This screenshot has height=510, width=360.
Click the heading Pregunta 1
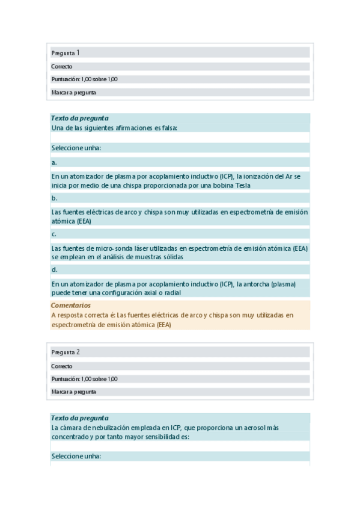coord(66,53)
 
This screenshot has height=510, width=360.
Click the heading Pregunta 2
coord(66,352)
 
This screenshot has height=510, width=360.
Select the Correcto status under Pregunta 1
coord(62,67)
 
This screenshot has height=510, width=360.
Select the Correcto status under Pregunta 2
coord(62,366)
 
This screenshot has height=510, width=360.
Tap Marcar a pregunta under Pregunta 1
coord(74,93)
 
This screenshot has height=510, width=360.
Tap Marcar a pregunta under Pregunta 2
coord(74,392)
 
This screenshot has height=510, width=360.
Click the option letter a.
coord(54,162)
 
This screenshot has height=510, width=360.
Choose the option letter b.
coord(54,198)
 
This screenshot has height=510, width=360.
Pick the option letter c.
coord(54,234)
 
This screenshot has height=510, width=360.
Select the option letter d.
coord(54,269)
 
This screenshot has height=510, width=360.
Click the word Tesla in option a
coord(240,185)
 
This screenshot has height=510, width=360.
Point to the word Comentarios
coord(71,306)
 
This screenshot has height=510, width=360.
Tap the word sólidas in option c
coord(171,257)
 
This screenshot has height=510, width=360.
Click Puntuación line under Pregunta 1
coord(84,79)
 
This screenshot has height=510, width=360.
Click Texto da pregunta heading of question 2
coord(80,418)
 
